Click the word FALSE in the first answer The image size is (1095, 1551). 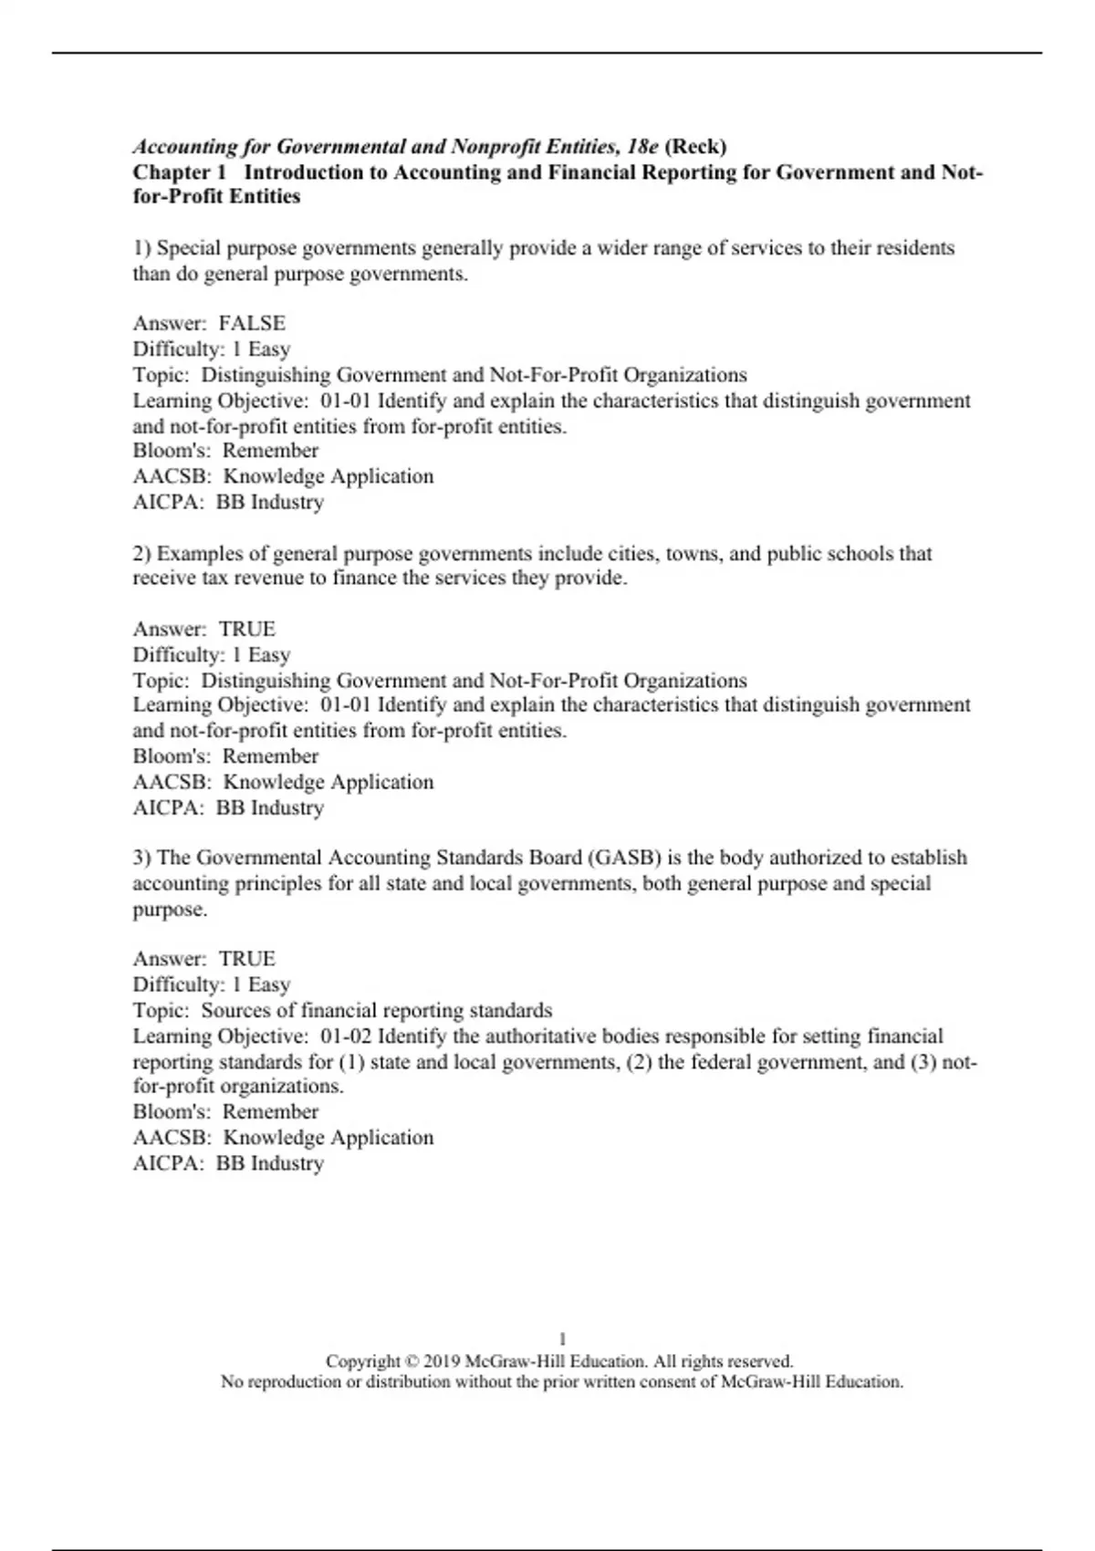252,323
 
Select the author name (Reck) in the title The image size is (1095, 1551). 696,146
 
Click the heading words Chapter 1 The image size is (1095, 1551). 179,172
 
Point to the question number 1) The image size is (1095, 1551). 142,248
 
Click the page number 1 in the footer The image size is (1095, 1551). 562,1339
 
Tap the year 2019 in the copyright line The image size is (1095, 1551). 442,1361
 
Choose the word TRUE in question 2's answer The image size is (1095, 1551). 246,629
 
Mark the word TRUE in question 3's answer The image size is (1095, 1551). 246,959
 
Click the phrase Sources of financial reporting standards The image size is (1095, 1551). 376,1011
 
